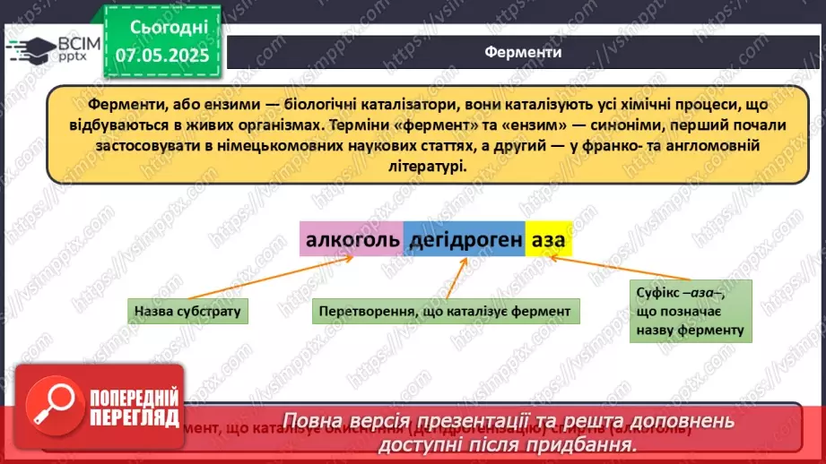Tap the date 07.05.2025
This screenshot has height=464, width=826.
coord(162,56)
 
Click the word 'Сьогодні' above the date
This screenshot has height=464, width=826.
coord(162,28)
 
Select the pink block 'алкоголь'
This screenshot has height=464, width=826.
coord(351,241)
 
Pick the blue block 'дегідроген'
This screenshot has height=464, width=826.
coord(464,241)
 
